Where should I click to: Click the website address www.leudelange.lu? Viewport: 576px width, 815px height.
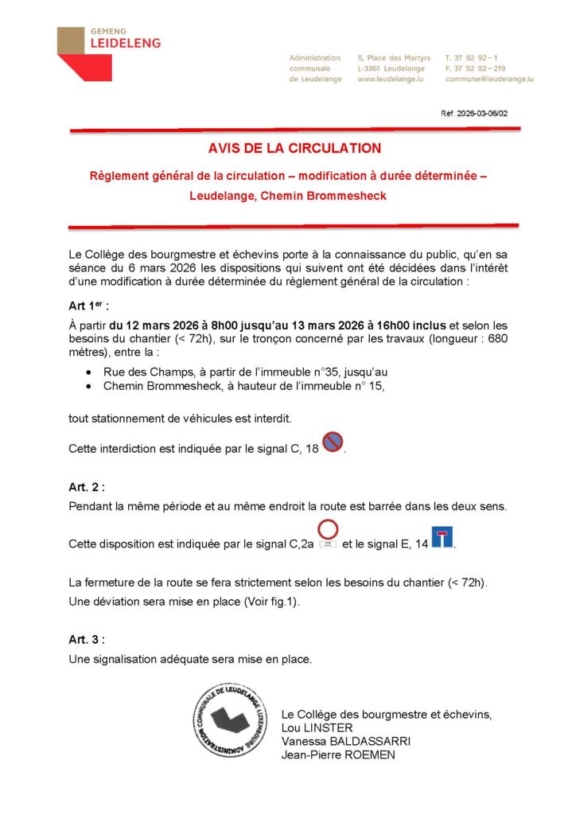pyautogui.click(x=390, y=80)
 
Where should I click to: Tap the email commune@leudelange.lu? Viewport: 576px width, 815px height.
pyautogui.click(x=488, y=80)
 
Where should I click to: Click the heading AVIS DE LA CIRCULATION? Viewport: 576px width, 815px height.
pyautogui.click(x=294, y=148)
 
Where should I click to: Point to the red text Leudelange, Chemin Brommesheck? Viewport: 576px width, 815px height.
pyautogui.click(x=288, y=196)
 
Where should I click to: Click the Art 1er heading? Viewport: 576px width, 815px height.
pyautogui.click(x=88, y=306)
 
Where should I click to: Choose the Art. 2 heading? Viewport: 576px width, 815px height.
pyautogui.click(x=87, y=486)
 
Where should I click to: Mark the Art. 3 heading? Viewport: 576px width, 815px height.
pyautogui.click(x=87, y=639)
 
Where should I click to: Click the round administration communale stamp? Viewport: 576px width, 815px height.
pyautogui.click(x=230, y=719)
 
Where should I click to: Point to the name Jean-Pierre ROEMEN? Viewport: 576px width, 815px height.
pyautogui.click(x=338, y=755)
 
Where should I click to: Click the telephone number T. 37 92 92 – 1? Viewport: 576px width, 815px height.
pyautogui.click(x=472, y=58)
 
